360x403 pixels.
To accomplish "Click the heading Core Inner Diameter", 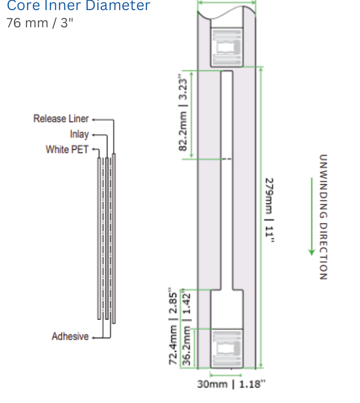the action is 78,5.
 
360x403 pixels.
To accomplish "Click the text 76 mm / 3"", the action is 40,23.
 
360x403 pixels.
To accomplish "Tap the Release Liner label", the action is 61,119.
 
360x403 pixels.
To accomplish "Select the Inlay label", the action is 79,134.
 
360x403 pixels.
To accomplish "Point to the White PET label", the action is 67,149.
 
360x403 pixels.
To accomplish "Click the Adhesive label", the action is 70,336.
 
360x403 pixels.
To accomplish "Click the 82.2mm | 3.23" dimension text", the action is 183,112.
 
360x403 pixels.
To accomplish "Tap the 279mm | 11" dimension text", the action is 269,210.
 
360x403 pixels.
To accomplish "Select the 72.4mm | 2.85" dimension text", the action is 173,326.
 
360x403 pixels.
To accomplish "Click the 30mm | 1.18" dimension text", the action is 231,384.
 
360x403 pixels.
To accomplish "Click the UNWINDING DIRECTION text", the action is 323,217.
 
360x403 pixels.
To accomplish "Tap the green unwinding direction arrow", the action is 312,216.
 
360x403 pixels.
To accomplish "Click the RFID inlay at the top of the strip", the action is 227,47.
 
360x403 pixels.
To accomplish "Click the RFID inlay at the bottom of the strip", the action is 227,348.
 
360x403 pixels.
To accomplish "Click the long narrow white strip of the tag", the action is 227,180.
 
